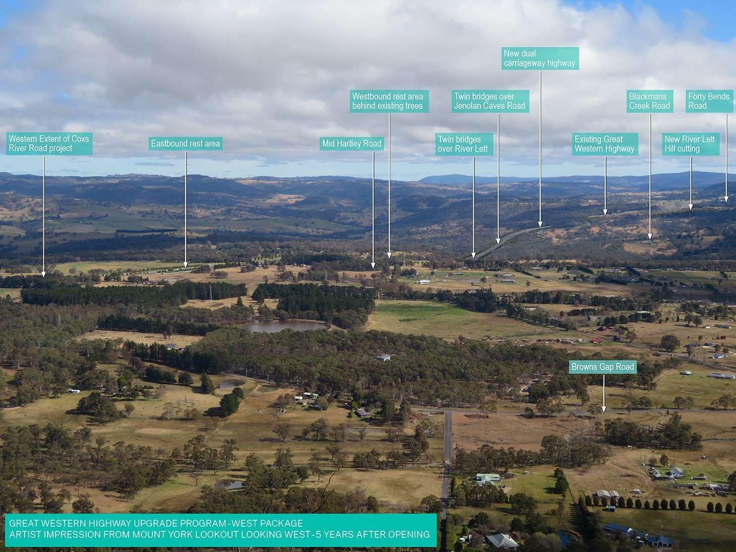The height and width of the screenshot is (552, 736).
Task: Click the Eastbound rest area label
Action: click(186, 143)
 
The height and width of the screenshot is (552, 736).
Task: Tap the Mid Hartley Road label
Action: click(352, 143)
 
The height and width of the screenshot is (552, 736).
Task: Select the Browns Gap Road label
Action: click(603, 367)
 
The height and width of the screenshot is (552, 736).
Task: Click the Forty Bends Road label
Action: click(709, 101)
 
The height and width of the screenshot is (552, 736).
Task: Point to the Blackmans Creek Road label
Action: click(650, 101)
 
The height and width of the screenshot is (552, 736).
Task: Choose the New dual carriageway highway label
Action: click(540, 58)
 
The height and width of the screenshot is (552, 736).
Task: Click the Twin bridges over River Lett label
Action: click(464, 144)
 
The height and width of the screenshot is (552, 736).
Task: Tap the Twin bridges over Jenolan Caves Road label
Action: click(490, 101)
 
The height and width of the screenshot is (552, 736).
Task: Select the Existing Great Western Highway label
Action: click(605, 144)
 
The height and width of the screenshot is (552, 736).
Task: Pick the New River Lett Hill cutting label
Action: click(691, 144)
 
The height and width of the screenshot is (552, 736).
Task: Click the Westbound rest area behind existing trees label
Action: click(389, 101)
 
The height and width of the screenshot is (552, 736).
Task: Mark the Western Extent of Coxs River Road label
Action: click(49, 143)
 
